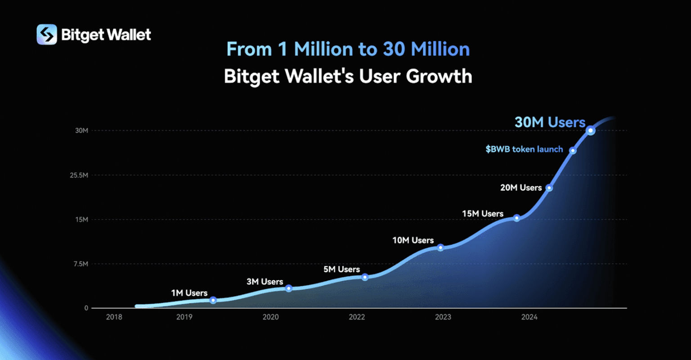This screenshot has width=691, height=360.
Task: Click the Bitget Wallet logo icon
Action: point(47,35)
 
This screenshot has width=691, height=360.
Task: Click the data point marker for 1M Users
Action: point(213,300)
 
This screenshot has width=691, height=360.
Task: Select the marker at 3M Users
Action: point(289,288)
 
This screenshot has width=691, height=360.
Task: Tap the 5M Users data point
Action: point(365,277)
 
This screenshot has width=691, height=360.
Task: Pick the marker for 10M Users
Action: point(440,247)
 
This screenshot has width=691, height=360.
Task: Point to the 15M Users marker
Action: point(516,218)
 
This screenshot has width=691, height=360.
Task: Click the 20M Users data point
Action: point(549,188)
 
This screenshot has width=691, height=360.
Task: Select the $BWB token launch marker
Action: point(573,150)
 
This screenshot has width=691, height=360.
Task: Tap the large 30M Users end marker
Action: point(591,130)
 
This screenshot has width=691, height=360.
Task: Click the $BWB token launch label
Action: point(524,149)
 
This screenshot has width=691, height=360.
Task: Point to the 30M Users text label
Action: point(550,122)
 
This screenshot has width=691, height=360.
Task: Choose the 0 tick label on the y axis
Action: point(86,308)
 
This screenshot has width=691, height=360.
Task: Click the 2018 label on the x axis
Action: point(114,317)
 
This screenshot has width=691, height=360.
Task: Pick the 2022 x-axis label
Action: point(357,317)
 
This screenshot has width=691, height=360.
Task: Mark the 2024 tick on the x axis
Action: point(529,317)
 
